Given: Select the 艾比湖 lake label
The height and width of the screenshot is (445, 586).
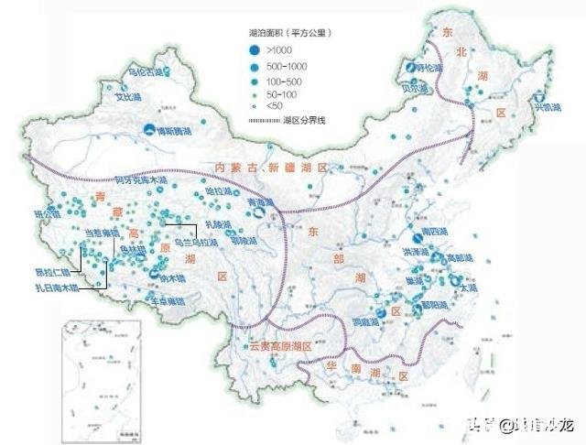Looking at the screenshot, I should point(126,94).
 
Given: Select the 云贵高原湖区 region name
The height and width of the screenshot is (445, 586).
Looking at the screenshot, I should point(281,348).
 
